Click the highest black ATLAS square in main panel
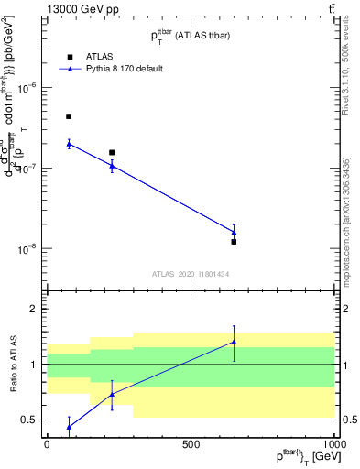point(69,116)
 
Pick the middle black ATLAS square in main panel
point(112,152)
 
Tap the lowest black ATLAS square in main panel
point(234,242)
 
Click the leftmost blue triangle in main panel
point(69,144)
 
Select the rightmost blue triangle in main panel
point(234,232)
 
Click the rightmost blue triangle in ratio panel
point(234,343)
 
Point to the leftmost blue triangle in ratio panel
point(69,427)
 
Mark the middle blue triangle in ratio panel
point(112,395)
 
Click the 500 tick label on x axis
point(191,444)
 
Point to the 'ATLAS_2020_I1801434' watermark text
point(190,274)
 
